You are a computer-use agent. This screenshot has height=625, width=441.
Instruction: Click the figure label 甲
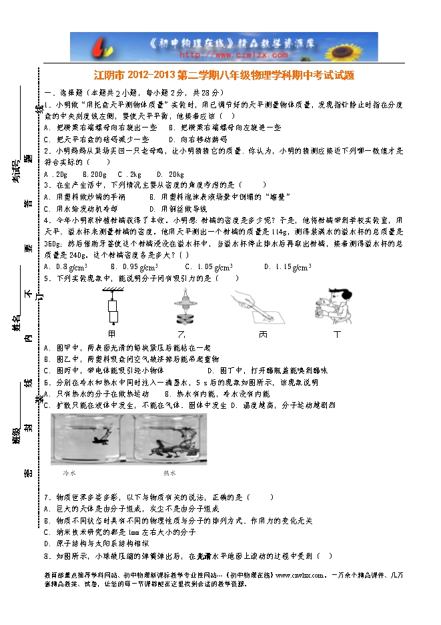(x=111, y=333)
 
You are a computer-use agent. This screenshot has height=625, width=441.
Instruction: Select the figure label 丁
(x=336, y=333)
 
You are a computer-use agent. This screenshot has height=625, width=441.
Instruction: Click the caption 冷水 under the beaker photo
(x=70, y=473)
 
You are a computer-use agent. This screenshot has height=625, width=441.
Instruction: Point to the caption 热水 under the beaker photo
(x=169, y=473)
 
